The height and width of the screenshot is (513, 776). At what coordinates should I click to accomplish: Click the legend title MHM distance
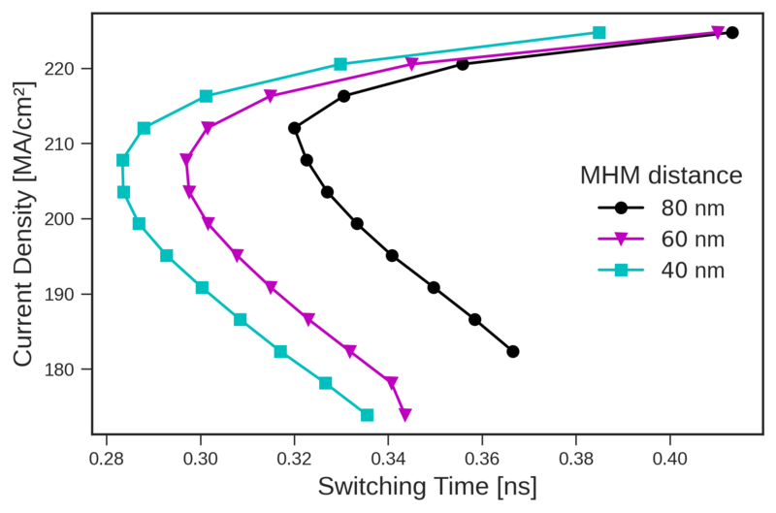(x=662, y=176)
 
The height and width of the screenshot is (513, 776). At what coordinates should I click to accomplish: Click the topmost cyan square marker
(x=598, y=33)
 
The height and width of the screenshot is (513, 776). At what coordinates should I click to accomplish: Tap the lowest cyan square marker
(x=367, y=415)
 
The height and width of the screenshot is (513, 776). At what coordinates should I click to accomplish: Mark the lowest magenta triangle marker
(x=404, y=415)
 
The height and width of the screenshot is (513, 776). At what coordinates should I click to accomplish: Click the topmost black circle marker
(x=732, y=33)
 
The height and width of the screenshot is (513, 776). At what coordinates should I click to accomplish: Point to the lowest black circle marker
(x=513, y=351)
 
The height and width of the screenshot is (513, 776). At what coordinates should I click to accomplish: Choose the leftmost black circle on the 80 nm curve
(x=294, y=128)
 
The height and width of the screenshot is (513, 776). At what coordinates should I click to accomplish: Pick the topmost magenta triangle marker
(x=718, y=33)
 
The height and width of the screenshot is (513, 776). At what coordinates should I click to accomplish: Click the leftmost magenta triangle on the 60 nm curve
(x=186, y=159)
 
